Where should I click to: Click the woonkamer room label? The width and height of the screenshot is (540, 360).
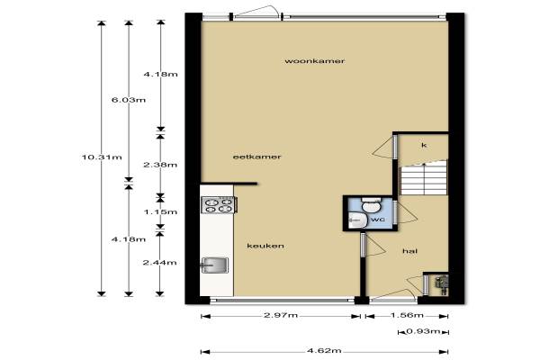tap(314, 61)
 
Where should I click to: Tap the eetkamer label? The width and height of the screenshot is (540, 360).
tap(256, 157)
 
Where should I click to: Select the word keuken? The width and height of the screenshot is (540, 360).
tap(265, 246)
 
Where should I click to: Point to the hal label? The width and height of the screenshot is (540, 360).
tap(409, 251)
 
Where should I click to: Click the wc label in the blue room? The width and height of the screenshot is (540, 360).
tap(378, 219)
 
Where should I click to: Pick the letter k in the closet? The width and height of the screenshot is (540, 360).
tap(424, 145)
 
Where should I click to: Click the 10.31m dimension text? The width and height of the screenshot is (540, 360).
tap(102, 157)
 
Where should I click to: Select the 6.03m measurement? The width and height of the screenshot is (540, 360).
tap(129, 100)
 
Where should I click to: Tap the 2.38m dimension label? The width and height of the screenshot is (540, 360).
tap(160, 165)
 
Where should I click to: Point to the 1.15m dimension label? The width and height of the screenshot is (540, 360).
tap(160, 211)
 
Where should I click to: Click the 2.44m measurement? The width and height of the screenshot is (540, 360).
tap(160, 263)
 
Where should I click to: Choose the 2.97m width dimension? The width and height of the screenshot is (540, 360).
tap(281, 315)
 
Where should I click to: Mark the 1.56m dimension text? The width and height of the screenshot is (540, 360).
tap(407, 315)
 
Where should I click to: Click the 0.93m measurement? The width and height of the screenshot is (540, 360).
tap(423, 331)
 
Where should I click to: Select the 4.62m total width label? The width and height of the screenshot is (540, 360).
tap(324, 351)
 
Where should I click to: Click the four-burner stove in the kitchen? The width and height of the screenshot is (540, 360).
tap(219, 205)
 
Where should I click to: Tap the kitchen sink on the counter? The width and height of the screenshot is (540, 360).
tap(215, 265)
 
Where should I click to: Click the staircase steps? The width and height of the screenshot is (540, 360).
tap(423, 178)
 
